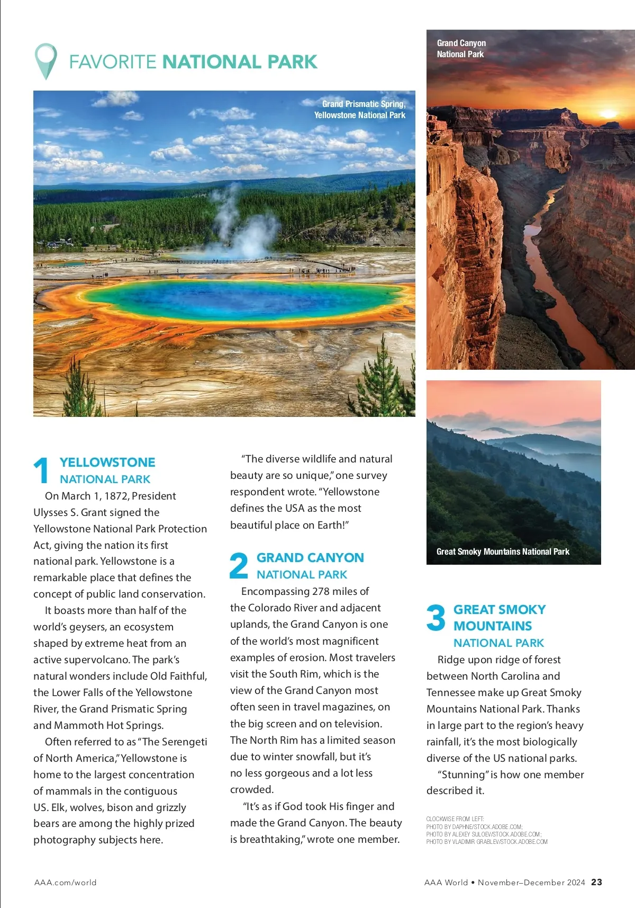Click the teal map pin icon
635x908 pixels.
pos(46,60)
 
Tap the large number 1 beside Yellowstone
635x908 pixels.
pos(41,470)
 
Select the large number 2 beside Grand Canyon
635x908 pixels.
pos(239,565)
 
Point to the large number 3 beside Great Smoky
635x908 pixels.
pos(436,618)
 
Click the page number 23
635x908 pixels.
pos(596,882)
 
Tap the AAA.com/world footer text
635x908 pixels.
pos(65,883)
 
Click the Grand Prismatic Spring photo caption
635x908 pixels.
pos(360,110)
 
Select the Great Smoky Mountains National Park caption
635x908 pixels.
pos(503,551)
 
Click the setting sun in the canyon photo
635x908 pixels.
pos(607,113)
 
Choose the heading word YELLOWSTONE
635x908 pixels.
pos(107,462)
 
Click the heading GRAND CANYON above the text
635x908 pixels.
pos(310,558)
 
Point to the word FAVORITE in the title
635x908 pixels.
pos(112,62)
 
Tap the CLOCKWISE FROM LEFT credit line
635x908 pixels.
pos(455,819)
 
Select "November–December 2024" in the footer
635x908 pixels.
pos(531,883)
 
